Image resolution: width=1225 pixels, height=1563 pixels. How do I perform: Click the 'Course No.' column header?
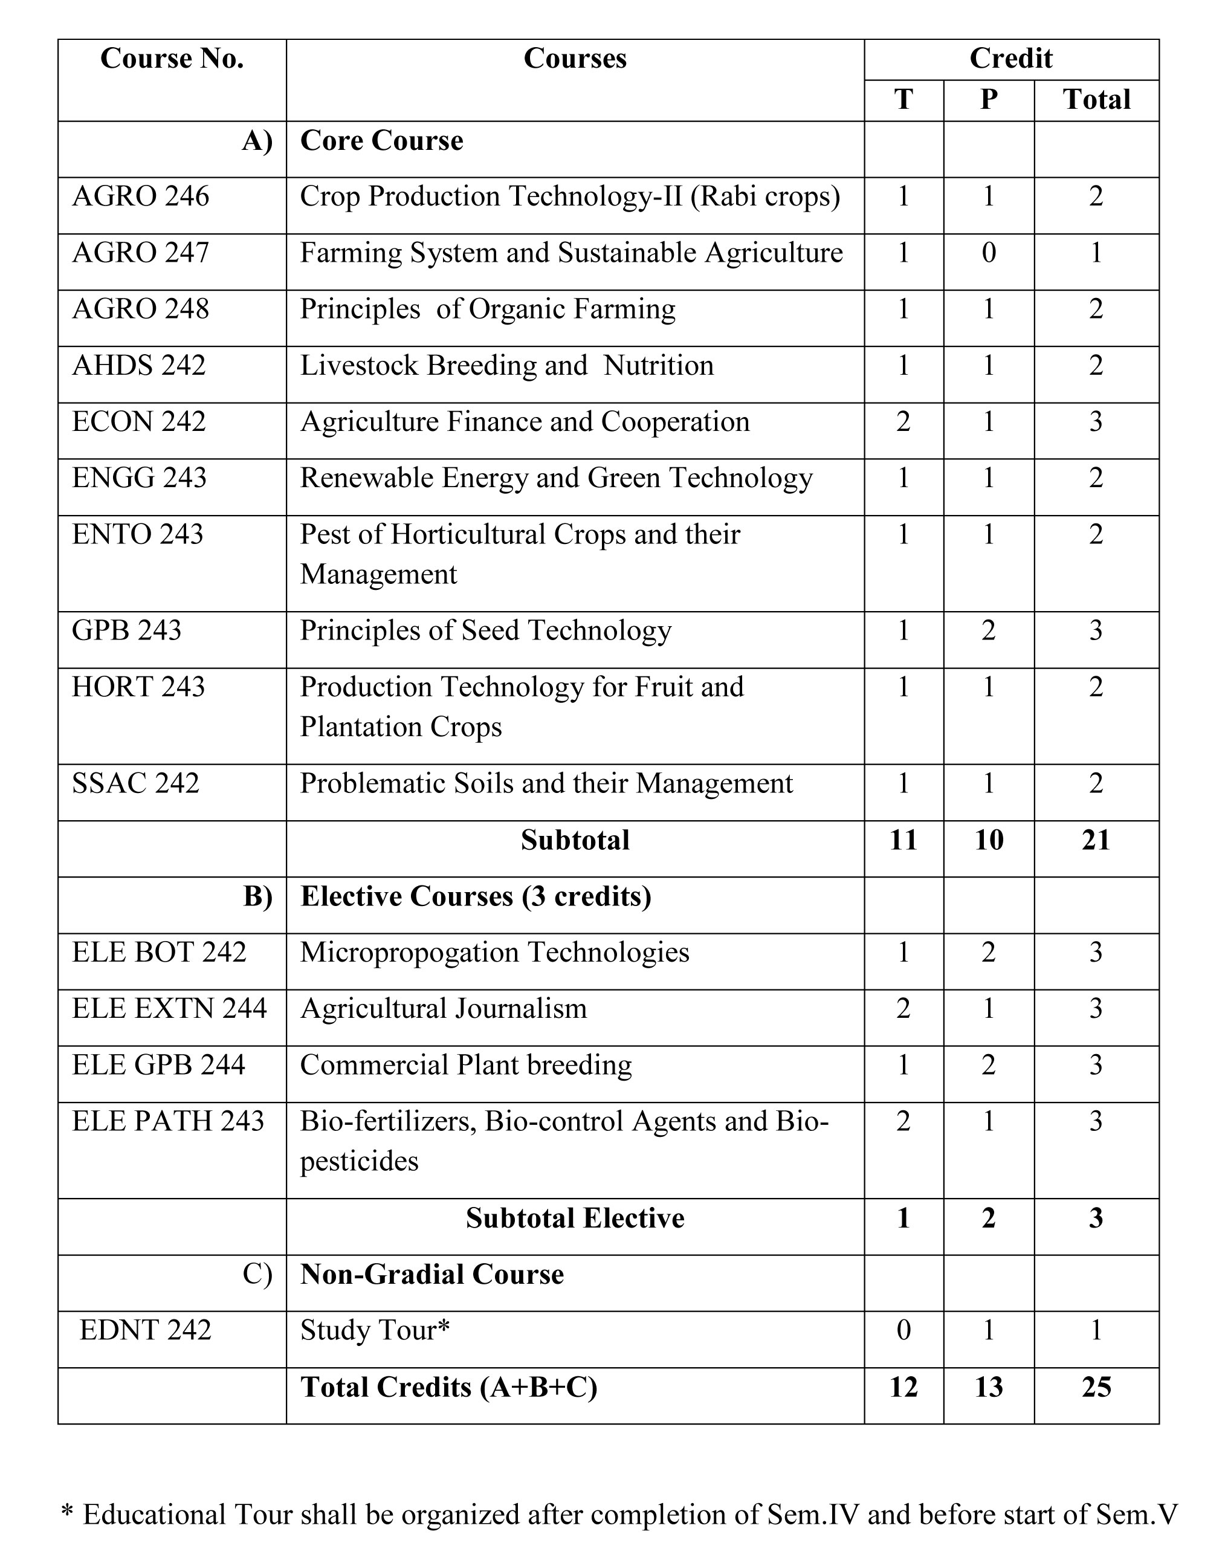click(172, 59)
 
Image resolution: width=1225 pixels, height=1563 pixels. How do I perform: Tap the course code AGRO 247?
click(141, 253)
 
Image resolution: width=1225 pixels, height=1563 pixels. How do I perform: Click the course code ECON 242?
click(139, 422)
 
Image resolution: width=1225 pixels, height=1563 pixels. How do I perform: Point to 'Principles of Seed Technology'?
click(485, 630)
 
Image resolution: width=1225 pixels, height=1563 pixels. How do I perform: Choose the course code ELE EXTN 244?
click(169, 1009)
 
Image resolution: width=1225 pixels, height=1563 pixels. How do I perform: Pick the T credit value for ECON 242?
click(903, 422)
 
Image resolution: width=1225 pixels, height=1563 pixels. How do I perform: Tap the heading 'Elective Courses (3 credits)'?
click(476, 896)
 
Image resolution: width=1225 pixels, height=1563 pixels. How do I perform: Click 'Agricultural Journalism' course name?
click(443, 1009)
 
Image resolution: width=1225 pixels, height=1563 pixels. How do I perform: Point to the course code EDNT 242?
click(146, 1330)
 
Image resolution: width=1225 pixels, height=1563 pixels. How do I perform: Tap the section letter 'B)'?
click(257, 896)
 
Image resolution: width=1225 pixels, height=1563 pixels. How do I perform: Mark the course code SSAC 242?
click(135, 783)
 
